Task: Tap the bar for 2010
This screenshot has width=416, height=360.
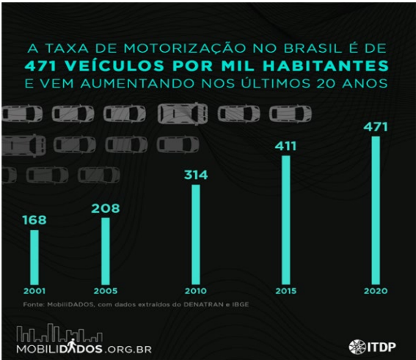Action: [x=195, y=233]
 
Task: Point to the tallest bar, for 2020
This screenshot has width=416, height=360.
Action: [x=376, y=209]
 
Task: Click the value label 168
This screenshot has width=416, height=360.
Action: [x=34, y=219]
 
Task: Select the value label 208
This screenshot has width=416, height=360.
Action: [x=105, y=207]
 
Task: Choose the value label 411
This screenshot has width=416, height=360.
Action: [x=285, y=145]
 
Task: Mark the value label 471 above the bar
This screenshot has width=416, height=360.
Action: [x=376, y=127]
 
